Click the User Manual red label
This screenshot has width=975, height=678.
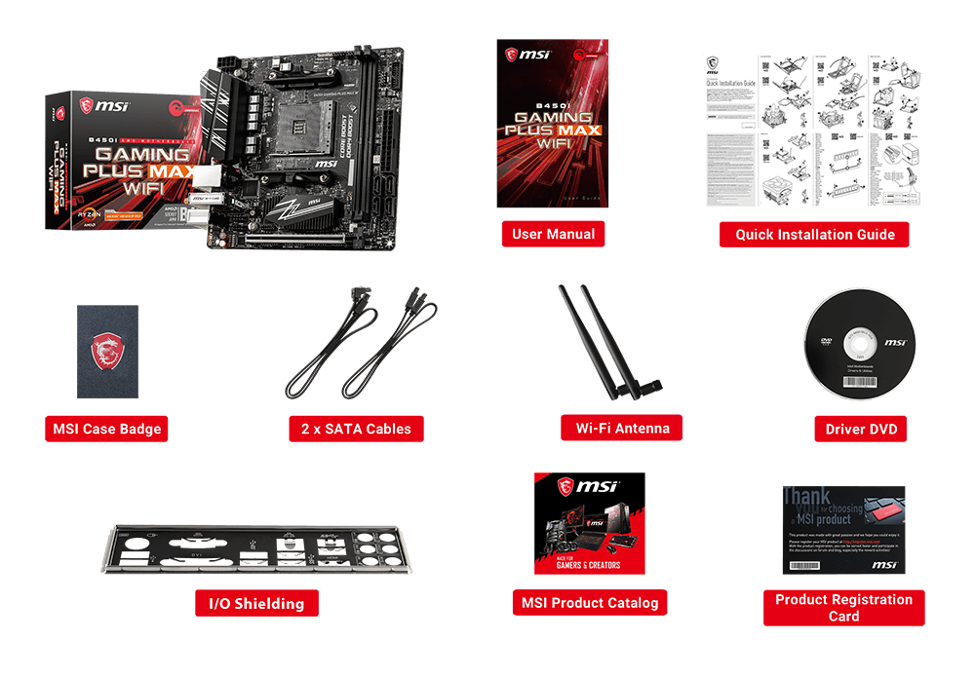[x=553, y=234]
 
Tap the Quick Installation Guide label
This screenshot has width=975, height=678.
[x=814, y=235]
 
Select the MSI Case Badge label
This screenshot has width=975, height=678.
[x=106, y=429]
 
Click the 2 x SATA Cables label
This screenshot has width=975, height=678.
[x=356, y=429]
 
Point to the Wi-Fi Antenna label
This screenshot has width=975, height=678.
[x=622, y=428]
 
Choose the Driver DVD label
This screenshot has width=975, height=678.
[x=861, y=429]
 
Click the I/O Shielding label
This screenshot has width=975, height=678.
[x=256, y=604]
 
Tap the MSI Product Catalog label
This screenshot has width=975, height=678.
[x=589, y=603]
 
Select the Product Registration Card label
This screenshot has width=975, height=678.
[x=843, y=608]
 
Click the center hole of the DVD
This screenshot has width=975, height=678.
[x=861, y=345]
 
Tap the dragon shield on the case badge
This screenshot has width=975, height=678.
[x=107, y=351]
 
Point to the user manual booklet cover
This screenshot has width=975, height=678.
[x=552, y=124]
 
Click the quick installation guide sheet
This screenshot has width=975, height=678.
[x=813, y=131]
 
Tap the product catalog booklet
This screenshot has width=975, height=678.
[x=589, y=524]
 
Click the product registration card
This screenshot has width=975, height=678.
[x=843, y=530]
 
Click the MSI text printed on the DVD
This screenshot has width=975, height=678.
[x=895, y=344]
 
